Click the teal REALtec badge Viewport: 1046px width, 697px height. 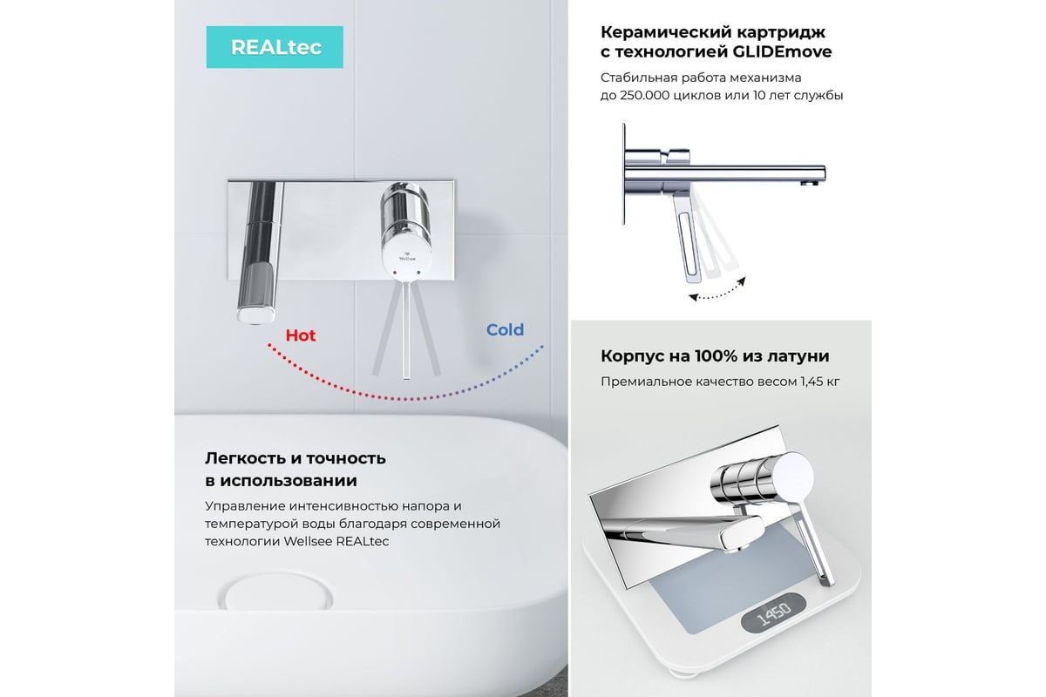coord(275,47)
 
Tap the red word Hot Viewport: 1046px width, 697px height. coord(301,335)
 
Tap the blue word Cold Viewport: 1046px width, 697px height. coord(505,330)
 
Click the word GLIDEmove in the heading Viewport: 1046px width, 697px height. coord(782,51)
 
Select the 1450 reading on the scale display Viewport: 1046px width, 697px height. coord(774,613)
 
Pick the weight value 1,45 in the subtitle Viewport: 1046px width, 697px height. coord(812,382)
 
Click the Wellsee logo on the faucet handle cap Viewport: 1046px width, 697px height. coord(407,256)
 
